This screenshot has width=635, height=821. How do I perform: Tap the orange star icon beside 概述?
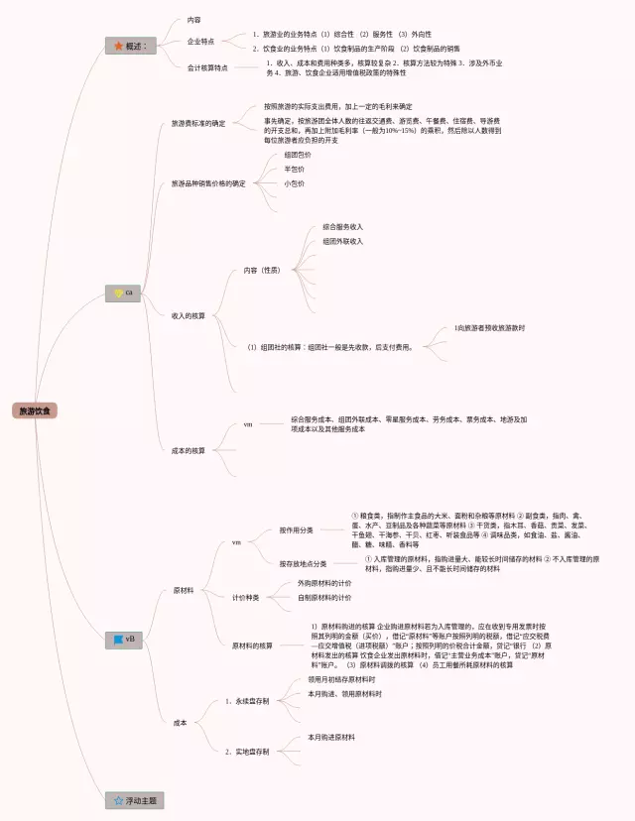coord(118,46)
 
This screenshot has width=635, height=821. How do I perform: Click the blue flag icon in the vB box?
coord(118,639)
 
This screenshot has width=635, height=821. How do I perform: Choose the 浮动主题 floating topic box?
coord(136,800)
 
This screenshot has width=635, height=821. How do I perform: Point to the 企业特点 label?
coord(201,42)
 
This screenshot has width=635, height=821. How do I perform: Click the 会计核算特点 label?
coord(207,67)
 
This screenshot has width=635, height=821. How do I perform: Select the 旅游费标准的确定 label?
coord(198,124)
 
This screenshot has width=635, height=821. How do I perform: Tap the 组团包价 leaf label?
coord(297,155)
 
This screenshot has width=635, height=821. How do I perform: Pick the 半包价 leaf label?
coord(294,169)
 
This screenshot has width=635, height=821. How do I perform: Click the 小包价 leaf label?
coord(294,183)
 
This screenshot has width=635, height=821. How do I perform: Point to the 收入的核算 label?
coord(189,315)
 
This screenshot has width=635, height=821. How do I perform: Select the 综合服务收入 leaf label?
coord(342,227)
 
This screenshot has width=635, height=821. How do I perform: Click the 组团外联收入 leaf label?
coord(342,241)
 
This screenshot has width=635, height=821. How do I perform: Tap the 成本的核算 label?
coord(189,450)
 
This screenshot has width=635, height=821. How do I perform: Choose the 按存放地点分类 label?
coord(303,563)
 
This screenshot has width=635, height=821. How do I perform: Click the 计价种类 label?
coord(245,598)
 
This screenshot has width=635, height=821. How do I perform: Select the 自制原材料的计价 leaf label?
coord(324,598)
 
